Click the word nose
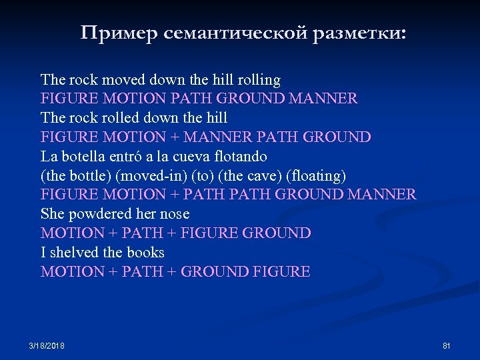[175, 214]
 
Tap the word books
[145, 253]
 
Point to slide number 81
[447, 346]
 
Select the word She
[51, 214]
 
